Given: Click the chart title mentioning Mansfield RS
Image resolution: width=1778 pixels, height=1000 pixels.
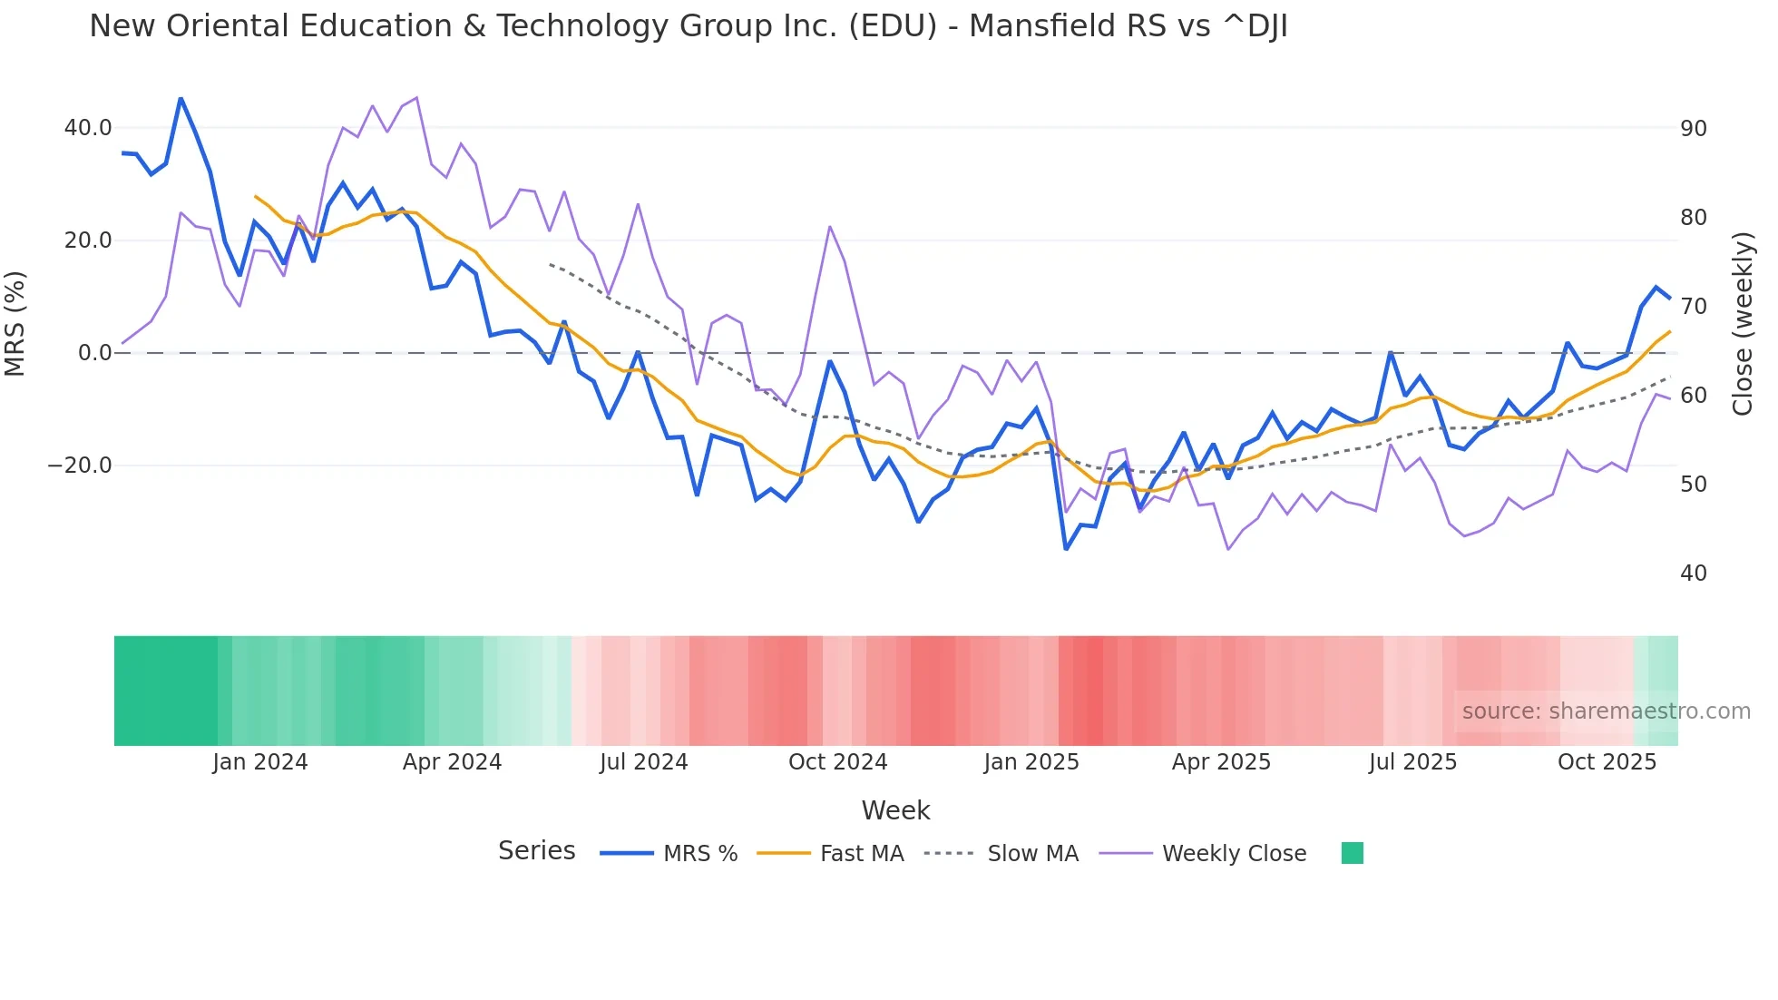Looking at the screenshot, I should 688,26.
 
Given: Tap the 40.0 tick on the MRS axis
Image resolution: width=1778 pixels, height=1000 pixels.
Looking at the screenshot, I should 88,128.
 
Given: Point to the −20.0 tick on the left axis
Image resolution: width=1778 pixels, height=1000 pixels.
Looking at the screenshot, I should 80,466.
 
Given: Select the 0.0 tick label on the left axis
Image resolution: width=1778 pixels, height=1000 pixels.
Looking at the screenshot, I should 94,353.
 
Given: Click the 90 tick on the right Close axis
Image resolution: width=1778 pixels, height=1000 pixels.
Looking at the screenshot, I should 1693,129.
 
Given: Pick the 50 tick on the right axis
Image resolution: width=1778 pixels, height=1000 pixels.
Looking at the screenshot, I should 1693,485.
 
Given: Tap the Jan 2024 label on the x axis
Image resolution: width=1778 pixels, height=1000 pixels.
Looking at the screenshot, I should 260,762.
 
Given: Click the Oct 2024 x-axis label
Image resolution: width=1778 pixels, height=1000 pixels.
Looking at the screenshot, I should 837,762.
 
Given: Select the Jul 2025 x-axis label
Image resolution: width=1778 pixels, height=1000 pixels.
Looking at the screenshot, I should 1412,762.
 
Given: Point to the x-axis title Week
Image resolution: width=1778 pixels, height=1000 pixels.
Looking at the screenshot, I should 895,810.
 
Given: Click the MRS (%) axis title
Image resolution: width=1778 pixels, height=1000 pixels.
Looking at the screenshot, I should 15,324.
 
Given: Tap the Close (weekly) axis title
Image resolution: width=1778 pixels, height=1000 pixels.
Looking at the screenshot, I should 1742,324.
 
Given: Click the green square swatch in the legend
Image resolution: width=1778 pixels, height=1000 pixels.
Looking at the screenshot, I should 1352,853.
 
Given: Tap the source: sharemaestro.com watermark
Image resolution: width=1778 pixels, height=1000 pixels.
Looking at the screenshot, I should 1606,711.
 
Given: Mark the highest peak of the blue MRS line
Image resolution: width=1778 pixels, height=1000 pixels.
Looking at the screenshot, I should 181,98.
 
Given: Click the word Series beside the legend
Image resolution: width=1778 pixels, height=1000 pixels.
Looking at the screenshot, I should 536,851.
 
